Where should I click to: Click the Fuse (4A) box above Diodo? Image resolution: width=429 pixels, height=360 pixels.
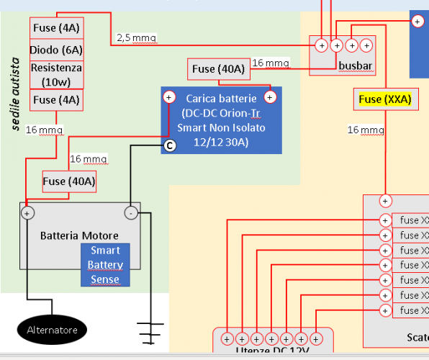click(x=55, y=28)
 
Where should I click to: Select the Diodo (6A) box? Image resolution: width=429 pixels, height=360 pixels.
click(x=55, y=50)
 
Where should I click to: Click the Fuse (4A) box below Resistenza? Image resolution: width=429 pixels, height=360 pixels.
click(x=55, y=100)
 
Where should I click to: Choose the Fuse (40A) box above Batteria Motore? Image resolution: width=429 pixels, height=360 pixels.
click(x=69, y=181)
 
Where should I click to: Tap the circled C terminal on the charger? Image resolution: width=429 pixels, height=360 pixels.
click(x=170, y=145)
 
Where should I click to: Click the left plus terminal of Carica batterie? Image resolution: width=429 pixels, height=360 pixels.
click(x=169, y=96)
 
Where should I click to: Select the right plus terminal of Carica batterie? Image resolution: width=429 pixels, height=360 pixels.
click(x=271, y=96)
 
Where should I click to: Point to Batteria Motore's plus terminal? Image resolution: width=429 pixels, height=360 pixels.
click(x=27, y=213)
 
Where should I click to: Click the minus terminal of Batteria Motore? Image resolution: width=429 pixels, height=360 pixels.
click(x=131, y=213)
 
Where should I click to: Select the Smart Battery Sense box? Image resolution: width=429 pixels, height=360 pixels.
click(x=105, y=265)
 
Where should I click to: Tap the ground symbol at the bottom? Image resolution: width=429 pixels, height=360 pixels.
click(x=151, y=334)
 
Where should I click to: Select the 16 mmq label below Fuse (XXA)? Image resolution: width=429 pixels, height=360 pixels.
click(x=366, y=130)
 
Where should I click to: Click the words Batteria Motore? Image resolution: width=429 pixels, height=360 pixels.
click(x=79, y=235)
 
